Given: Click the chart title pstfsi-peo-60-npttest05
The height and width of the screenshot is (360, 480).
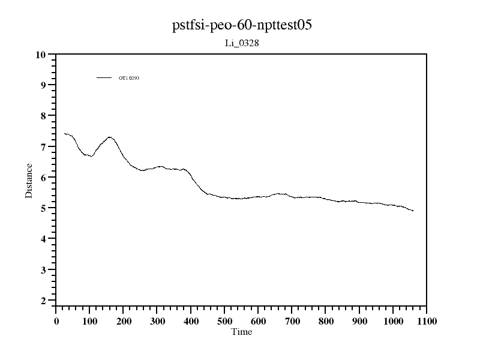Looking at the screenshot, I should click(x=241, y=25).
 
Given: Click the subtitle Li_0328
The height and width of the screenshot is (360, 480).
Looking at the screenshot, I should click(x=241, y=43).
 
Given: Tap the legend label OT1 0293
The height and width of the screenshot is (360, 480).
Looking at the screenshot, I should click(x=129, y=78).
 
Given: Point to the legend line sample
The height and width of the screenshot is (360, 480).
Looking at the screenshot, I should click(x=104, y=77).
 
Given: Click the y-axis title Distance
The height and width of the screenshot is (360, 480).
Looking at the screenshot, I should click(x=29, y=180).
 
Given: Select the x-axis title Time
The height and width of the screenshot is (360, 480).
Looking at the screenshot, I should click(x=241, y=332).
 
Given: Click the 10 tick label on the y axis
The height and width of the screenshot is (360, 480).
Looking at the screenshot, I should click(x=41, y=55).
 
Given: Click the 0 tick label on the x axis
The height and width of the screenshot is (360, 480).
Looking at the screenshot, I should click(x=56, y=320).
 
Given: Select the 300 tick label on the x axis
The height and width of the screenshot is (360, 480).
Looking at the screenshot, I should click(x=157, y=320).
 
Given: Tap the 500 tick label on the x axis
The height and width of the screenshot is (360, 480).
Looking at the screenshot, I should click(x=224, y=320).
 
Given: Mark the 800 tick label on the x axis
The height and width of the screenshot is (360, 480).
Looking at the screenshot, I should click(x=326, y=320).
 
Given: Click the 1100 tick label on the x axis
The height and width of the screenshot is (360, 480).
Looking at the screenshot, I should click(x=427, y=320).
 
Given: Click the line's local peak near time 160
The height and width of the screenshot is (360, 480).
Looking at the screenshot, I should click(x=109, y=137).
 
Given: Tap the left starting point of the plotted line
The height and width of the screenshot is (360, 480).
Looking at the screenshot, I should click(x=64, y=133).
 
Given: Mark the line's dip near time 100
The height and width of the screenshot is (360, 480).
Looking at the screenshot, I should click(x=91, y=156).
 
